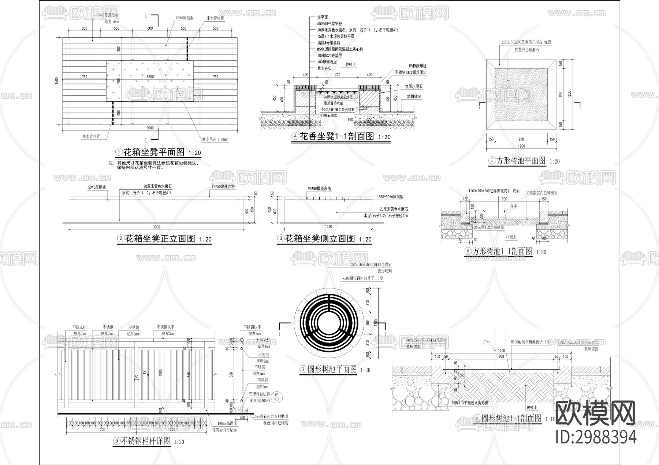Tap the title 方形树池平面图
521,160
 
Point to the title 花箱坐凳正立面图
160,239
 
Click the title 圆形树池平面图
332,369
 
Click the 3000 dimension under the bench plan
150,128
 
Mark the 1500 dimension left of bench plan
57,80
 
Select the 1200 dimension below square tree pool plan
521,146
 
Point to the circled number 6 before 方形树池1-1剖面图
468,252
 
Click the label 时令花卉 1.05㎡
215,139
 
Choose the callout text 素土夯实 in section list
324,68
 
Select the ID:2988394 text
596,437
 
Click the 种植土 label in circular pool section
532,407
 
